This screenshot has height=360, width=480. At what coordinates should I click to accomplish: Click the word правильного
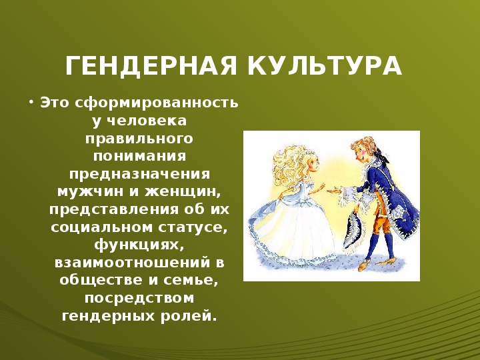click(139, 139)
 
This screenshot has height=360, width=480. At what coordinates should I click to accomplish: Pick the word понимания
click(139, 156)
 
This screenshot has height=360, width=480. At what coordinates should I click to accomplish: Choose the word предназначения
click(139, 174)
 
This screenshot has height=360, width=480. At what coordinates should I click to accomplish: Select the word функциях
click(139, 245)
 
